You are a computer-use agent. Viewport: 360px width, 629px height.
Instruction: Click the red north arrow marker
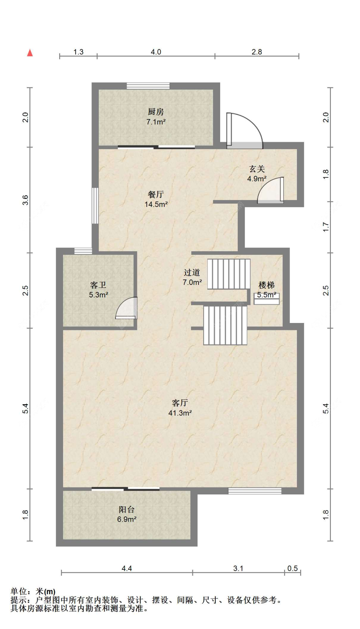coord(30,52)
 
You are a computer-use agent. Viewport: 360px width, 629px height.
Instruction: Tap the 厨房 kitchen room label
coord(156,112)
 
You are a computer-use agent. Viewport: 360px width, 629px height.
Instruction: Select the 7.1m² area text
coord(156,122)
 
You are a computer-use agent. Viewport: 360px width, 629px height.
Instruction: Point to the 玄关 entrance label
coord(257,169)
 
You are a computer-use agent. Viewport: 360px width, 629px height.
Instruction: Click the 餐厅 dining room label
coord(156,194)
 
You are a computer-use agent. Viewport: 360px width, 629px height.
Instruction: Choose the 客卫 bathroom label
coord(98,285)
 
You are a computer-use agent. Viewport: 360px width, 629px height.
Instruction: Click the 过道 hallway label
coord(192,272)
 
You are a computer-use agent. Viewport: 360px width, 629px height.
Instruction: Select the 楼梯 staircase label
coord(267,285)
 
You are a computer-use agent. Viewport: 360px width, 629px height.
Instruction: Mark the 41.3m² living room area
coord(180,413)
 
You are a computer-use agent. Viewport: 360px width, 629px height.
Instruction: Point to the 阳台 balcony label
coord(127,509)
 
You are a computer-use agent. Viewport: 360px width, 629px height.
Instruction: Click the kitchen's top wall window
coord(148,86)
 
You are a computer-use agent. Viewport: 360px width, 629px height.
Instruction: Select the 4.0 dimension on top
coord(156,52)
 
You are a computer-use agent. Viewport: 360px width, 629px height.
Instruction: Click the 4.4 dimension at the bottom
coord(127,568)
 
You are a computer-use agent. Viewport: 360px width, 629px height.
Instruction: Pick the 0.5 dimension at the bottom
coord(292,568)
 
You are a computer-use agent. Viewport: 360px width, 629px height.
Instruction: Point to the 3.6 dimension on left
coord(25,200)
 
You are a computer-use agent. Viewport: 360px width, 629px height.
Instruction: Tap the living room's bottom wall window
coord(255,491)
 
